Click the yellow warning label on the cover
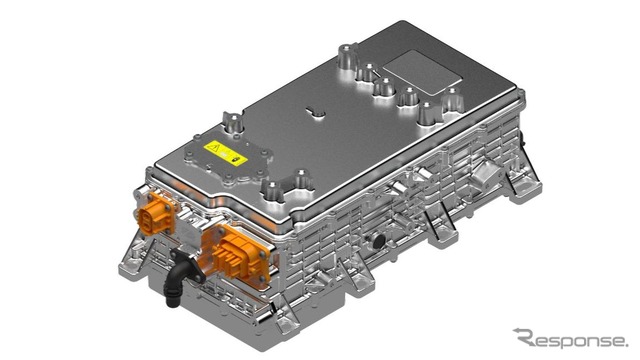pos(226,153)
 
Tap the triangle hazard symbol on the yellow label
pos(213,147)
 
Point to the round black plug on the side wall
pos(379,241)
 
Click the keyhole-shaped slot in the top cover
pos(316,112)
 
